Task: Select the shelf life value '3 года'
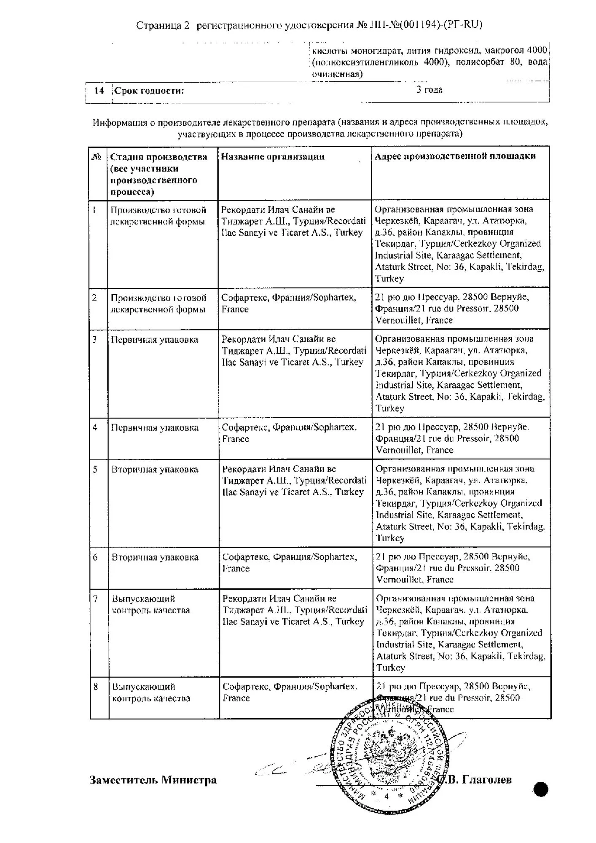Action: (430, 89)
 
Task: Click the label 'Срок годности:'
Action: (149, 91)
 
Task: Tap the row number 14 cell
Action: (99, 91)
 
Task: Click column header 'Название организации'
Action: (273, 157)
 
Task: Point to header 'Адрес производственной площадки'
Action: (455, 156)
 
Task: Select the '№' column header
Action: (97, 157)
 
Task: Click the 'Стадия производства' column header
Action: (158, 174)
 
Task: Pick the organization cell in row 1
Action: (294, 221)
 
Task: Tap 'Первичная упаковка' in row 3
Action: (154, 340)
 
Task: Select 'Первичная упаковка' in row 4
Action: (155, 428)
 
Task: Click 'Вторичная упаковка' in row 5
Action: (155, 470)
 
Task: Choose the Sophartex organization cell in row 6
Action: (290, 563)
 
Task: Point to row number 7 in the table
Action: (96, 599)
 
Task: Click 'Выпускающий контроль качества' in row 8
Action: (151, 693)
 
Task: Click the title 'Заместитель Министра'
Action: (153, 780)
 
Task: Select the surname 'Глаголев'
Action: (487, 780)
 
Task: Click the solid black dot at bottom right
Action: (541, 789)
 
